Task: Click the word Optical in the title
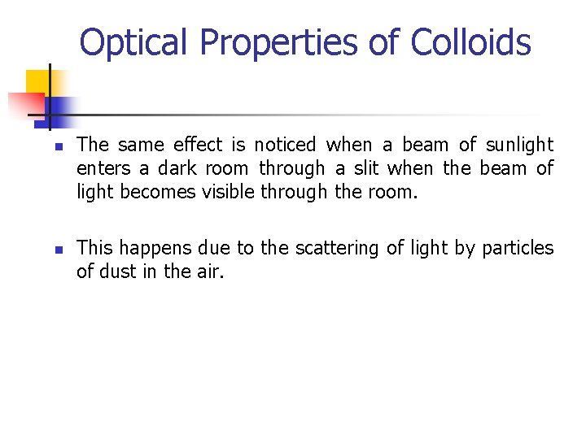coord(133,41)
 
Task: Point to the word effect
coord(199,145)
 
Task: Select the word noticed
coord(285,145)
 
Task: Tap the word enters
coord(100,168)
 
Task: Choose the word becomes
coord(150,192)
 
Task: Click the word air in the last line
coord(210,272)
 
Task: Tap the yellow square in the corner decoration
coord(37,82)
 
